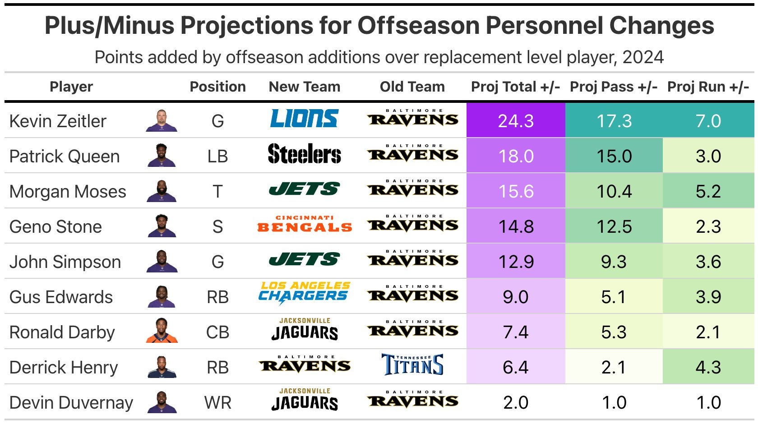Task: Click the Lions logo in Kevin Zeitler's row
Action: (x=304, y=119)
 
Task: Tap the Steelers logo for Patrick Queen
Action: (x=304, y=154)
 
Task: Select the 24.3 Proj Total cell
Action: (x=516, y=121)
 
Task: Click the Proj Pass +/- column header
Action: (x=613, y=87)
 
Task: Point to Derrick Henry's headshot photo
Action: (x=162, y=367)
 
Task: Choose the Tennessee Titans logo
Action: (x=412, y=365)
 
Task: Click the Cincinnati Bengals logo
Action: (x=304, y=225)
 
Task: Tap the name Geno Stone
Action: (x=55, y=226)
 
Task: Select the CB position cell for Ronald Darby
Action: (x=217, y=332)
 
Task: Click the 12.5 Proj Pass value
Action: (x=614, y=226)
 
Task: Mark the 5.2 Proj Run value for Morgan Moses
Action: (x=708, y=191)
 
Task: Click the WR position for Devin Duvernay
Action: (x=217, y=403)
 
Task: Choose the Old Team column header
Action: (x=412, y=87)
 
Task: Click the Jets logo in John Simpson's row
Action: (x=304, y=260)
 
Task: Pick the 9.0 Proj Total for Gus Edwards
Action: (x=516, y=297)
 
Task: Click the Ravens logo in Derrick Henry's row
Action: (x=304, y=364)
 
